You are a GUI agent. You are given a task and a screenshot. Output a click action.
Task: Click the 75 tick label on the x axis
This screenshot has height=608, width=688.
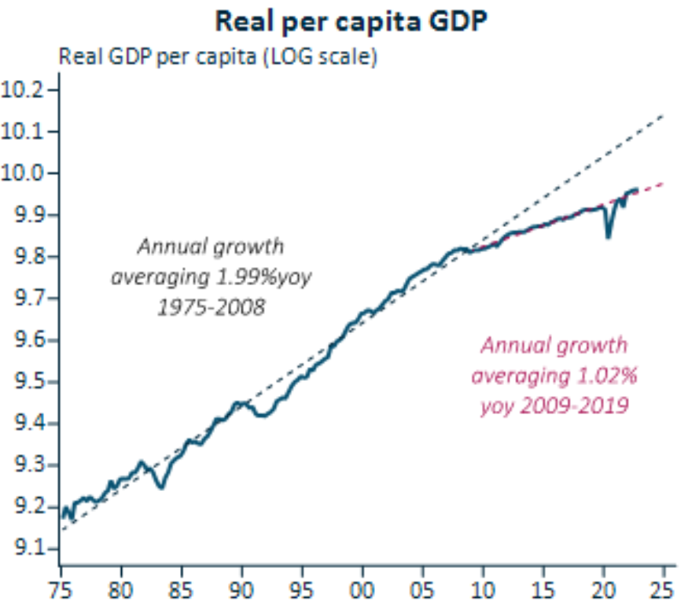pyautogui.click(x=60, y=588)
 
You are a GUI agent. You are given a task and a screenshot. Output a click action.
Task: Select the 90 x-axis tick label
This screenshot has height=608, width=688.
pyautogui.click(x=241, y=588)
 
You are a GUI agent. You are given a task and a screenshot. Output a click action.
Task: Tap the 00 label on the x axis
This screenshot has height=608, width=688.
pyautogui.click(x=362, y=588)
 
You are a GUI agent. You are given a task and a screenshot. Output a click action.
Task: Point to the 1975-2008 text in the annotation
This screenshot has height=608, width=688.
pyautogui.click(x=210, y=307)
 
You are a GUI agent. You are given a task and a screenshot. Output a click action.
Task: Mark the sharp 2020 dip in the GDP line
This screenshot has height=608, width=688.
pyautogui.click(x=608, y=236)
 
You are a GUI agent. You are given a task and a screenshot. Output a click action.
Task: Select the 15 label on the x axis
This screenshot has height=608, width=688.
pyautogui.click(x=543, y=588)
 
